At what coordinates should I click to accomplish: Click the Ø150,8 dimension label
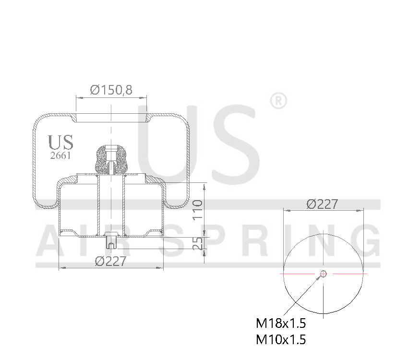(111, 89)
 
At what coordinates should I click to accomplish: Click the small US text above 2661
(61, 142)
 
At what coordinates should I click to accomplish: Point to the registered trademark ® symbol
(278, 101)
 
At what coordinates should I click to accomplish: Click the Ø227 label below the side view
(110, 261)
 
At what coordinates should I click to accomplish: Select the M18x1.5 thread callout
(281, 323)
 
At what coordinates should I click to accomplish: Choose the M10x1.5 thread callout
(281, 339)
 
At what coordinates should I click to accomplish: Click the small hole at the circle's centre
(324, 274)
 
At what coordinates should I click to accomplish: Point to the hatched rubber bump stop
(111, 159)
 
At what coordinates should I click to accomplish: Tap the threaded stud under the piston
(111, 240)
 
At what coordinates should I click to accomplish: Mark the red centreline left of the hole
(298, 274)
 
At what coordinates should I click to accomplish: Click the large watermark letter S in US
(230, 144)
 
